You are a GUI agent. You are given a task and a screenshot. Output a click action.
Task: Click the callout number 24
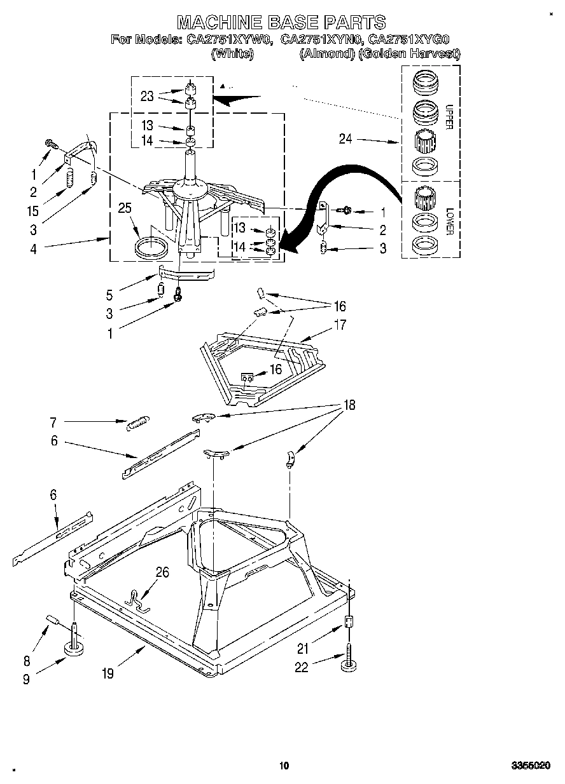click(x=345, y=139)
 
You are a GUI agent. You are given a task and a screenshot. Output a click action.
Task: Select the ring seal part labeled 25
click(x=152, y=248)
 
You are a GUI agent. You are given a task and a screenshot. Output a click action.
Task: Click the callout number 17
click(x=340, y=325)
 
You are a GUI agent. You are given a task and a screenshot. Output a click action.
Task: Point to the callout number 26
click(x=162, y=572)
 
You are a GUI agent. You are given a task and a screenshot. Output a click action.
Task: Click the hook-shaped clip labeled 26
click(x=137, y=599)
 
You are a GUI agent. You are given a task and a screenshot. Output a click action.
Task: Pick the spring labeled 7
click(x=138, y=422)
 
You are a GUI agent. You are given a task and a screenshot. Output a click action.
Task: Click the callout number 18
click(x=349, y=404)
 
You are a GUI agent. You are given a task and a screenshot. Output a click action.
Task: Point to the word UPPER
click(x=448, y=117)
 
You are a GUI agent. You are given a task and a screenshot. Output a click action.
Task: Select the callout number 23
click(x=147, y=97)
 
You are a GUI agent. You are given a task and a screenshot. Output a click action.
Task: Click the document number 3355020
click(x=531, y=766)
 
